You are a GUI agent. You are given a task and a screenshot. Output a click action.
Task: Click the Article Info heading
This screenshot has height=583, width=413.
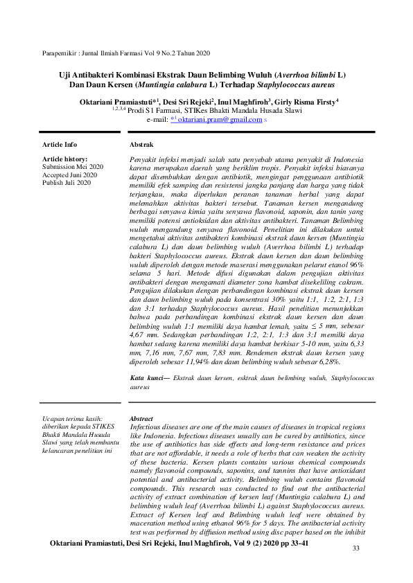[60, 145]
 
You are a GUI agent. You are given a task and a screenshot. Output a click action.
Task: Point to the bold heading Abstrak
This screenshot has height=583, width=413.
[141, 145]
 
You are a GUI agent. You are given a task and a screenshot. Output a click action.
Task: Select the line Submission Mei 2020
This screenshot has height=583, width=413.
[73, 167]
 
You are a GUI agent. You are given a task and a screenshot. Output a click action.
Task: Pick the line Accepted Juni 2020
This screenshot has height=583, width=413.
[70, 175]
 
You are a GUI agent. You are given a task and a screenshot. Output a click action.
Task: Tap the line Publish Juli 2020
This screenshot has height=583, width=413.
[67, 183]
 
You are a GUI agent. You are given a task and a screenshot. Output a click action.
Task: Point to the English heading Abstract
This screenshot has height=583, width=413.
[141, 419]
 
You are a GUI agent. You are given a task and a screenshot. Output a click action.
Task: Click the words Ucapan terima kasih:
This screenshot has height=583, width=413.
[73, 419]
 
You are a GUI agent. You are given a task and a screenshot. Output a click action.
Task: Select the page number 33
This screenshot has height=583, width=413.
[356, 548]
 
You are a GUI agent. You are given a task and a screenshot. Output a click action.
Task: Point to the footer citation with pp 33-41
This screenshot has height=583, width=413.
[179, 544]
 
